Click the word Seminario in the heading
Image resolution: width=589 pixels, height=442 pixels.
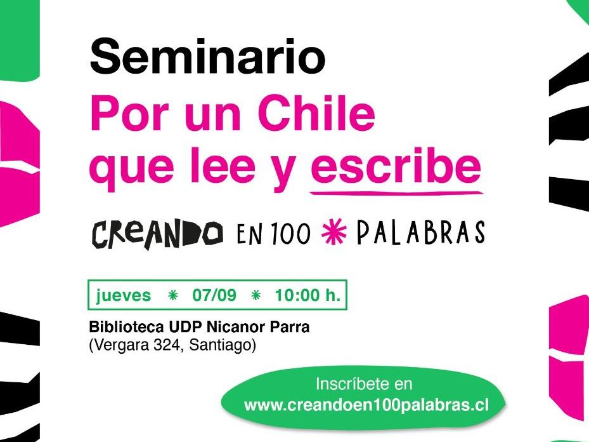pyautogui.click(x=207, y=56)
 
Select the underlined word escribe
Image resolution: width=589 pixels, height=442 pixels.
pyautogui.click(x=396, y=168)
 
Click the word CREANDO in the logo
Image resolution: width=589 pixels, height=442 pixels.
pyautogui.click(x=157, y=234)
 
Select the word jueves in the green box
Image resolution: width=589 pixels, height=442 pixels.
pyautogui.click(x=124, y=295)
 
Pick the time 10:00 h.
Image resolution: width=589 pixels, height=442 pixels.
pyautogui.click(x=307, y=295)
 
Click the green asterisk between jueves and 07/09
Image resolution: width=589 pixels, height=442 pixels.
pyautogui.click(x=171, y=295)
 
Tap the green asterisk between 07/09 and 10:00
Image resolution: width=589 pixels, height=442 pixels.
pyautogui.click(x=256, y=295)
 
